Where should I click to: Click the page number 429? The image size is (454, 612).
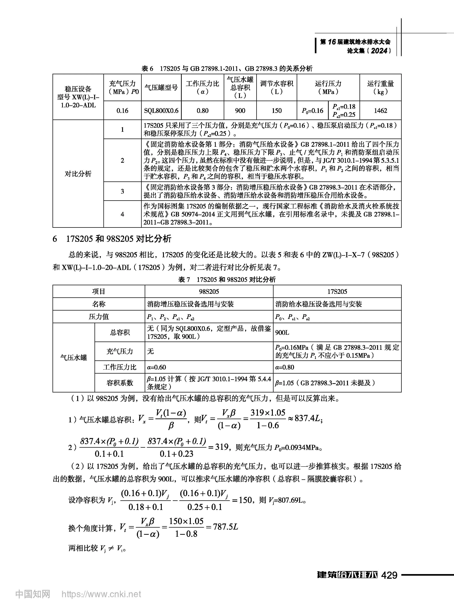coord(389,575)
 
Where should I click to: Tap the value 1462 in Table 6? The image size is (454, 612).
coord(380,111)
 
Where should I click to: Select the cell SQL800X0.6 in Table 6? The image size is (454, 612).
coord(161,111)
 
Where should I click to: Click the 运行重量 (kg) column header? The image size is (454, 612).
coord(380,87)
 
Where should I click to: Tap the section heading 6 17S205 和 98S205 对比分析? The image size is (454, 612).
coord(112,239)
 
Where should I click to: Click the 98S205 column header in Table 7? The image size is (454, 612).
coord(209,291)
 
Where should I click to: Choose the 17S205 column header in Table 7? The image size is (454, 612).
coord(337,291)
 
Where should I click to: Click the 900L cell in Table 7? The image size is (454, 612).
coord(282,333)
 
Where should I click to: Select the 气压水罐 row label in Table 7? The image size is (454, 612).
coord(74,357)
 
